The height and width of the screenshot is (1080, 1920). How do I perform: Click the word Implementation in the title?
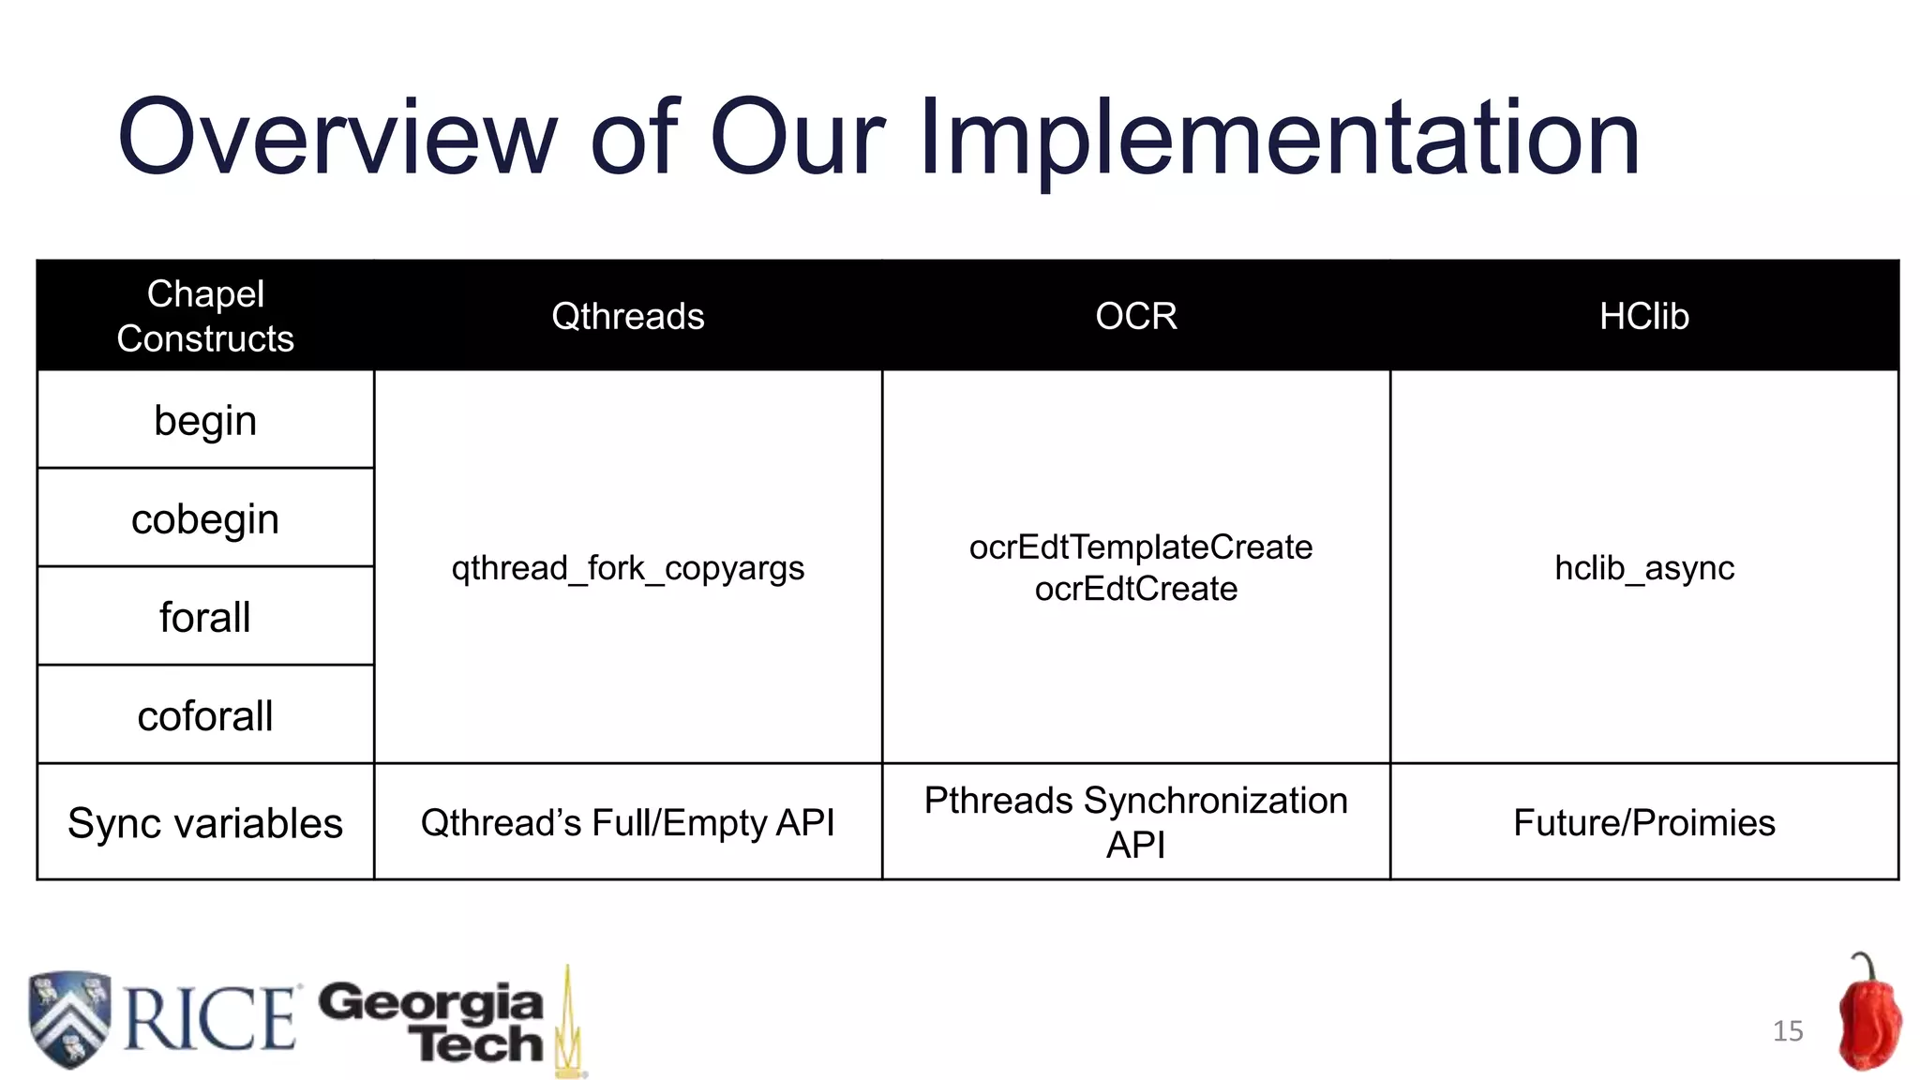pyautogui.click(x=1279, y=138)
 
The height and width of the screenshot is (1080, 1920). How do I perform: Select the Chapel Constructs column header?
pyautogui.click(x=205, y=316)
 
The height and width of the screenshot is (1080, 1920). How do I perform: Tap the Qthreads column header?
pyautogui.click(x=627, y=317)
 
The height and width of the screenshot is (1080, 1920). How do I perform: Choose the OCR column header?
pyautogui.click(x=1135, y=317)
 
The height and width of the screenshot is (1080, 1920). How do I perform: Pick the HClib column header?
pyautogui.click(x=1643, y=317)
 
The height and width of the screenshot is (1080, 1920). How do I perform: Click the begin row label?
pyautogui.click(x=205, y=421)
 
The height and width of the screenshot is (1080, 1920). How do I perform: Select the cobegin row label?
pyautogui.click(x=205, y=519)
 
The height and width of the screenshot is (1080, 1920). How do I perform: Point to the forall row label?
pyautogui.click(x=205, y=618)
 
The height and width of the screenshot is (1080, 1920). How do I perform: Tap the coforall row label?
pyautogui.click(x=205, y=716)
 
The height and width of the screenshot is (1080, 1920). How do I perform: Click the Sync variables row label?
pyautogui.click(x=205, y=823)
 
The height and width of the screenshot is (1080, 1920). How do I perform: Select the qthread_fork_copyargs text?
pyautogui.click(x=627, y=568)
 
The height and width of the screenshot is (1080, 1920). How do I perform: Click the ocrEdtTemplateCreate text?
pyautogui.click(x=1140, y=547)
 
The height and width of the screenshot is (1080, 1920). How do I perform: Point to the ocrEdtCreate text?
pyautogui.click(x=1135, y=590)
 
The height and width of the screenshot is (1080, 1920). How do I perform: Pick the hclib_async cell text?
pyautogui.click(x=1643, y=568)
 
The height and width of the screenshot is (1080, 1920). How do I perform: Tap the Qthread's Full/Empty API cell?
pyautogui.click(x=627, y=823)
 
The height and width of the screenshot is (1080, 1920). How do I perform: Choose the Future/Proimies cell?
pyautogui.click(x=1643, y=823)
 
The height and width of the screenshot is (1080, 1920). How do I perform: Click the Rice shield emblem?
pyautogui.click(x=69, y=1019)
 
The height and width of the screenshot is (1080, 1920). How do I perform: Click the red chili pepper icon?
pyautogui.click(x=1867, y=1017)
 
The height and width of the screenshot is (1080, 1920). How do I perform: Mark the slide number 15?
pyautogui.click(x=1787, y=1031)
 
